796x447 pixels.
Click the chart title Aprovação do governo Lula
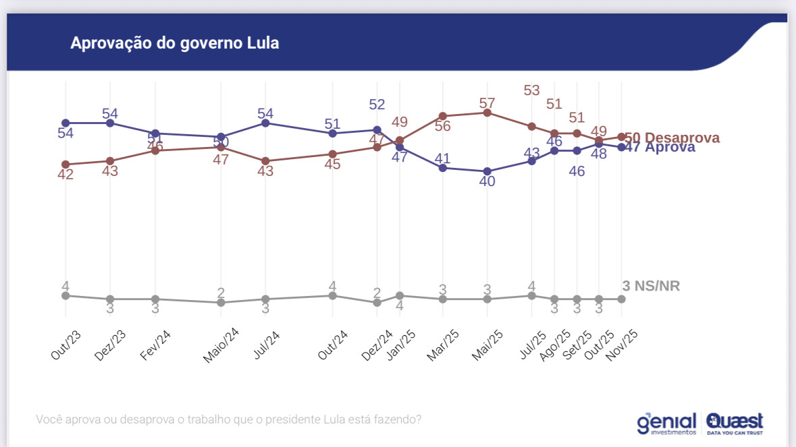pyautogui.click(x=174, y=43)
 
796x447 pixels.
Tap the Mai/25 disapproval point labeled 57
pyautogui.click(x=487, y=113)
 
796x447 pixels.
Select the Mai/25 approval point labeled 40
pyautogui.click(x=487, y=171)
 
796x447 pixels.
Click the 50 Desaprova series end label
pyautogui.click(x=671, y=138)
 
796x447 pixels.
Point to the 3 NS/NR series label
pyautogui.click(x=651, y=286)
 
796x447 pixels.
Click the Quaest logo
pyautogui.click(x=735, y=423)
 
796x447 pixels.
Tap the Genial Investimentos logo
pyautogui.click(x=666, y=423)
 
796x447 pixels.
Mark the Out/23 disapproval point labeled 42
pyautogui.click(x=65, y=165)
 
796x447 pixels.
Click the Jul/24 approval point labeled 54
pyautogui.click(x=266, y=123)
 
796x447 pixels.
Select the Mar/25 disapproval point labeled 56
pyautogui.click(x=443, y=116)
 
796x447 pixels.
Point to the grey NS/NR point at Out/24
pyautogui.click(x=332, y=295)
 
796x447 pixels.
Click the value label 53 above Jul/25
pyautogui.click(x=531, y=90)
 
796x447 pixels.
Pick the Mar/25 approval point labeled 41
pyautogui.click(x=443, y=168)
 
